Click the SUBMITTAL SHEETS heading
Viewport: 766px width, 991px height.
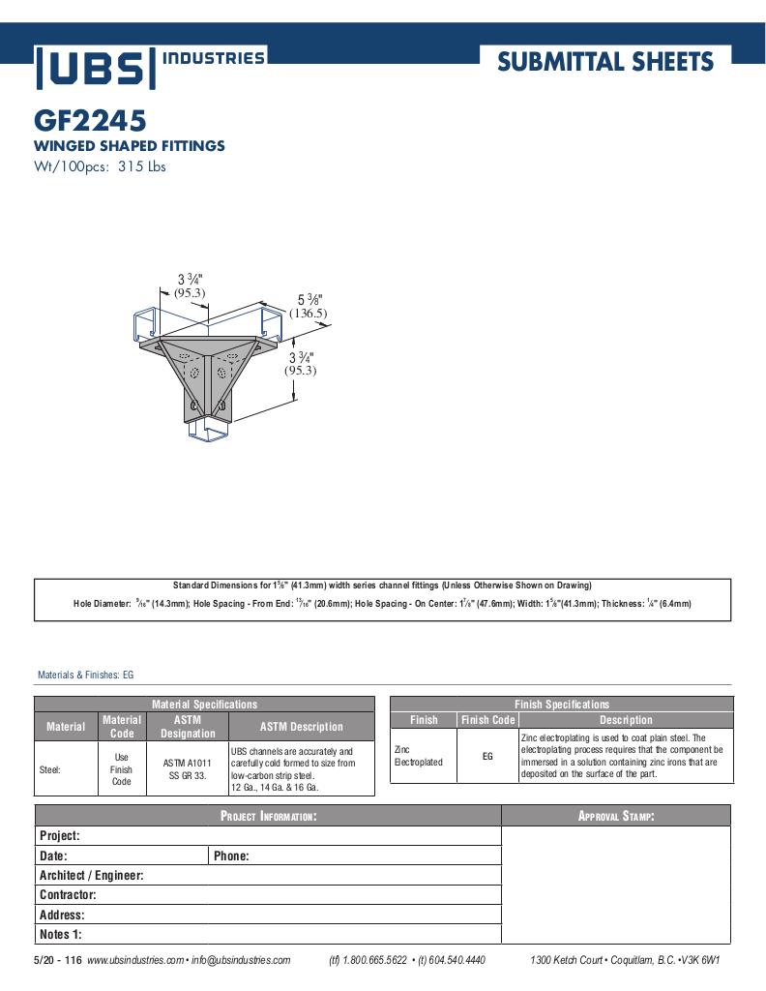click(605, 63)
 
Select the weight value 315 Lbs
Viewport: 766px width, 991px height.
click(142, 166)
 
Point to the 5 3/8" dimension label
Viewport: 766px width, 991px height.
click(309, 300)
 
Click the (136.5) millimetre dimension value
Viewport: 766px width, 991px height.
click(309, 314)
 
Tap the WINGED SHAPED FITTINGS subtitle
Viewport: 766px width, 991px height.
click(130, 146)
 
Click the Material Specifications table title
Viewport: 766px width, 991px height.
click(204, 705)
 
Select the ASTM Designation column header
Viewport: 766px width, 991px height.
click(188, 727)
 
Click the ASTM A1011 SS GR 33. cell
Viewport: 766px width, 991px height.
click(188, 769)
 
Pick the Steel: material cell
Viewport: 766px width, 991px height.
click(50, 770)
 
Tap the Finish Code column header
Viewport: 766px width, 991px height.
click(487, 720)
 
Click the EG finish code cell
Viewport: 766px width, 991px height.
click(487, 756)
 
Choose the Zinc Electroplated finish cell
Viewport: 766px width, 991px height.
click(419, 756)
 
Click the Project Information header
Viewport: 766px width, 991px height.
click(268, 817)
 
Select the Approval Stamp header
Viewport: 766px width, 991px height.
click(616, 817)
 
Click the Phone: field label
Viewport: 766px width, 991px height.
click(231, 856)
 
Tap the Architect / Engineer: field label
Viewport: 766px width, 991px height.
click(91, 876)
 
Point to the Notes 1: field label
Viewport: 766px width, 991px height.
click(60, 935)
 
